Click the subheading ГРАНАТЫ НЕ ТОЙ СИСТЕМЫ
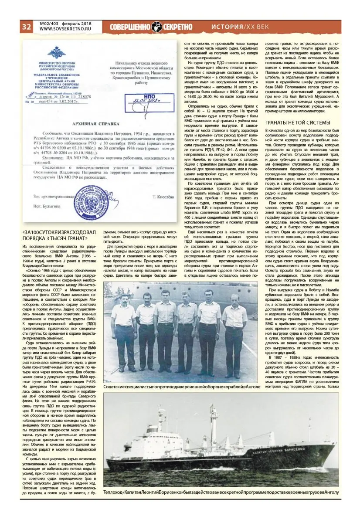pyautogui.click(x=298, y=122)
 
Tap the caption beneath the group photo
pyautogui.click(x=182, y=387)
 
